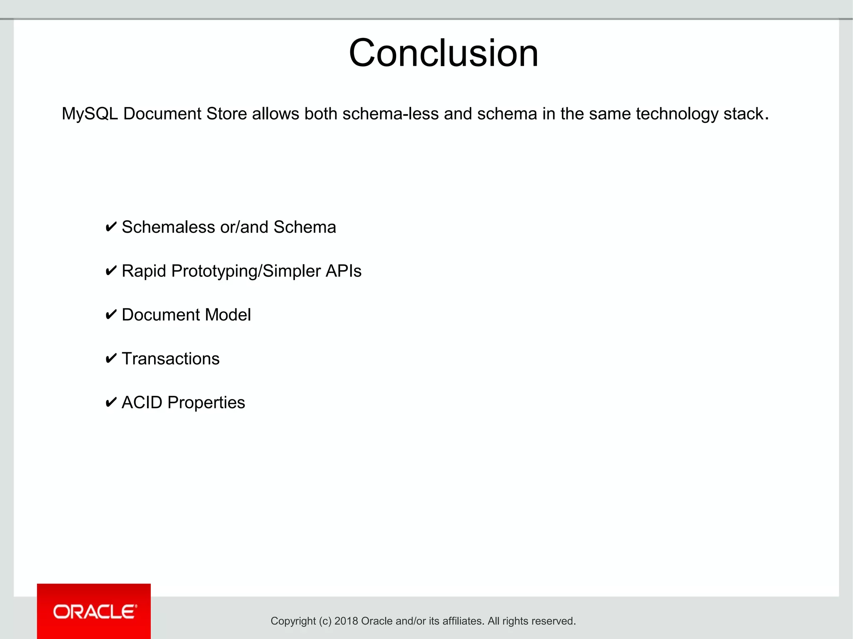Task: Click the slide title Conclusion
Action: (x=444, y=53)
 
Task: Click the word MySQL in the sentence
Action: (x=90, y=114)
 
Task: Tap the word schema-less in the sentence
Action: (x=390, y=114)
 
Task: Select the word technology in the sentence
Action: (x=677, y=114)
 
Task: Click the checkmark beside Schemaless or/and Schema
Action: (x=111, y=227)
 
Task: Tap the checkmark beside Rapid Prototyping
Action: (x=111, y=271)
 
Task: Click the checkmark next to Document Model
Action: (x=111, y=315)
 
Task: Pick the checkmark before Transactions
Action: (x=111, y=359)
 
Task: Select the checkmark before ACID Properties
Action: (x=111, y=403)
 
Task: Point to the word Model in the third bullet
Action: (x=228, y=315)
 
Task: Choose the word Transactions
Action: (x=170, y=359)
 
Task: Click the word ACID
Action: (x=142, y=403)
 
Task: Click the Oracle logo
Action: (x=94, y=611)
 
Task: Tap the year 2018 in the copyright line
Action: (x=346, y=621)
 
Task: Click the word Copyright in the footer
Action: (x=293, y=622)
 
